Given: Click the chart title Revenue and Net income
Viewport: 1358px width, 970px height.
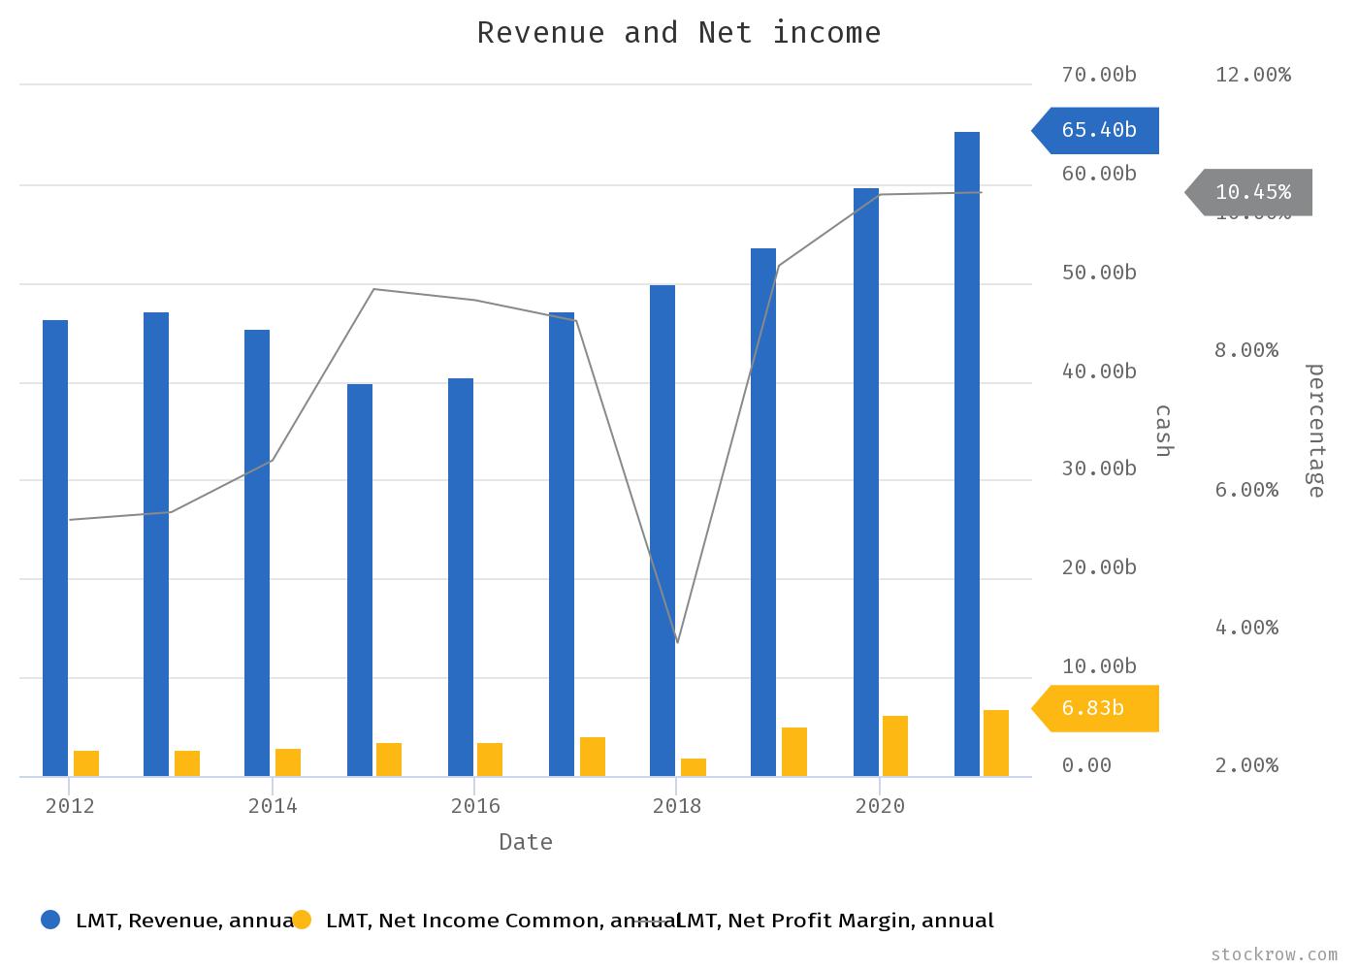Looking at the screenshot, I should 679,33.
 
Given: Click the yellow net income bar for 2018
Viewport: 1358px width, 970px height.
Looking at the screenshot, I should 694,767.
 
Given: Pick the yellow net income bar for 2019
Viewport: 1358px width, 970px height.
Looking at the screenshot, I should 794,752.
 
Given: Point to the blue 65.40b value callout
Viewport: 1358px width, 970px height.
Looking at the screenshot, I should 1097,130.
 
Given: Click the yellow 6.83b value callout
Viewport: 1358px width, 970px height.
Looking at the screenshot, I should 1097,708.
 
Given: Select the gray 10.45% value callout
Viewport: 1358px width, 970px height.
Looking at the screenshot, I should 1251,192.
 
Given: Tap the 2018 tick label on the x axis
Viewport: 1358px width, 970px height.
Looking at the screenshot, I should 677,806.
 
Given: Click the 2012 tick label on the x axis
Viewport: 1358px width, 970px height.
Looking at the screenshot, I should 70,806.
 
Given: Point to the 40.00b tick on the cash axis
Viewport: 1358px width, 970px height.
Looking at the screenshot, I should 1099,372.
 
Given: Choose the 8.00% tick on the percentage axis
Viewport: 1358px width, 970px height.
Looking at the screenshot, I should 1246,350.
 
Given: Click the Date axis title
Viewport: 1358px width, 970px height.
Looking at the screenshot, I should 526,842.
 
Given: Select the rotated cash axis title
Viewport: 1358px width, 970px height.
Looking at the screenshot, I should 1163,431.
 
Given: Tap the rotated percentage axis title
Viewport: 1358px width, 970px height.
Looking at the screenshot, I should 1315,431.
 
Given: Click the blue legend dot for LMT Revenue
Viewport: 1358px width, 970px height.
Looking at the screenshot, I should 50,920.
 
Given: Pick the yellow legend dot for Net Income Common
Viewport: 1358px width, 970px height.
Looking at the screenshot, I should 302,920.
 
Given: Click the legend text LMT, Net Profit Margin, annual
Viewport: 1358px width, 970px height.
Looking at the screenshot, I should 834,921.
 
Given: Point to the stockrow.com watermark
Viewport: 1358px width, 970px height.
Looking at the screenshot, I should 1275,954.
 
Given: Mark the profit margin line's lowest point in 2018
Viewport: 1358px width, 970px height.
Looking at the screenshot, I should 677,642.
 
